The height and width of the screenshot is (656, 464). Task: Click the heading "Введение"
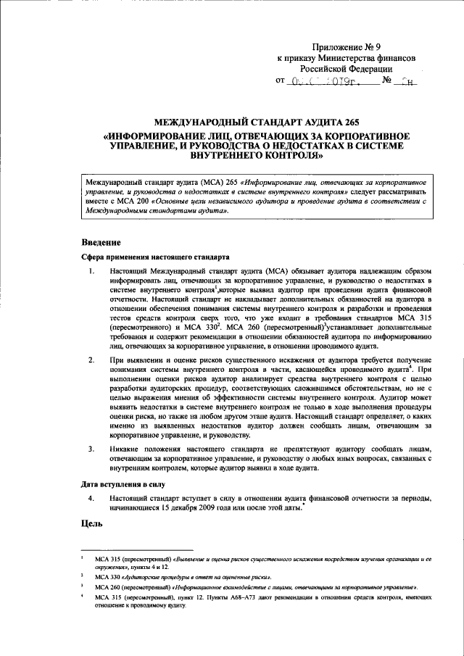click(x=101, y=241)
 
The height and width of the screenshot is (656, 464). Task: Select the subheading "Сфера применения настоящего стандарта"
click(x=155, y=257)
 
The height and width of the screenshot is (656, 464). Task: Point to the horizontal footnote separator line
click(x=137, y=550)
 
